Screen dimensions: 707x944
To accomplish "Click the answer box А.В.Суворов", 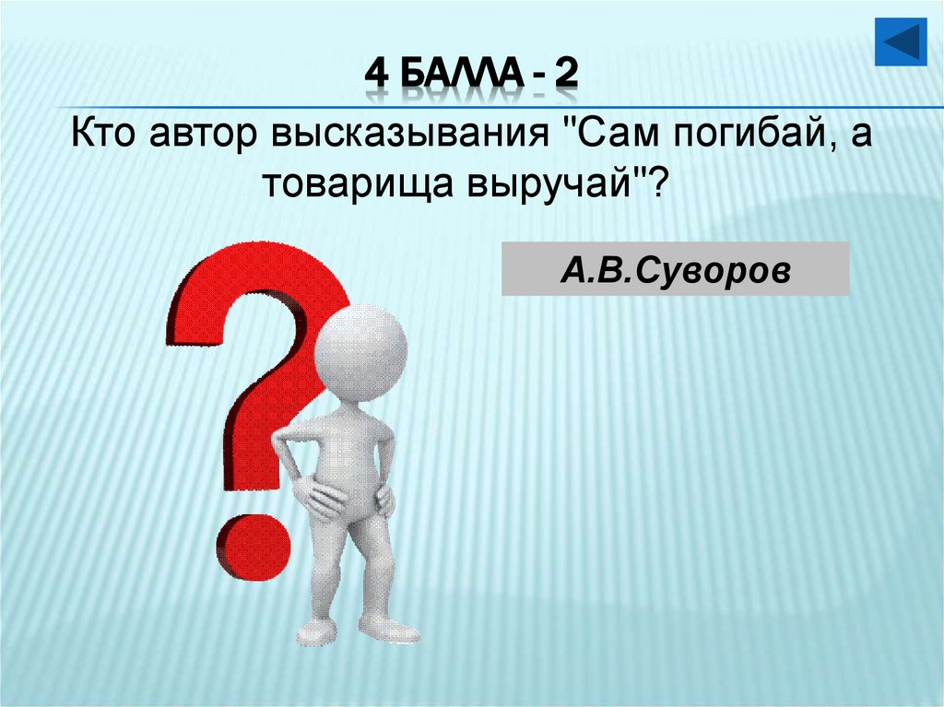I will pos(675,269).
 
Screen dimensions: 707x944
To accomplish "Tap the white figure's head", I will pos(360,352).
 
